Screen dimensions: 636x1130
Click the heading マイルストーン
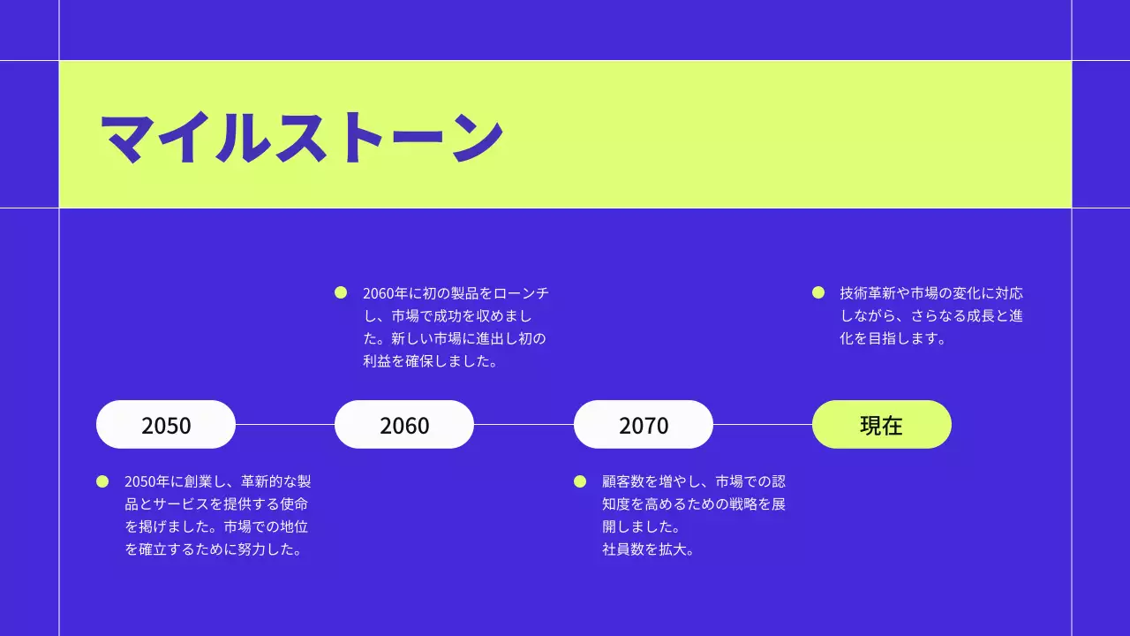click(x=301, y=137)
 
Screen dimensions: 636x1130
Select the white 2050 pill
click(x=166, y=425)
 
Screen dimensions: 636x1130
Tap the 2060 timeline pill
click(x=404, y=425)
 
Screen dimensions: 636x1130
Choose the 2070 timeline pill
click(x=644, y=425)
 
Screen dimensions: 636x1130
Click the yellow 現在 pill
click(x=881, y=425)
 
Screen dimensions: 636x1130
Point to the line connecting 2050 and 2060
click(x=285, y=425)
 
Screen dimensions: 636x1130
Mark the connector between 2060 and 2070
click(x=524, y=425)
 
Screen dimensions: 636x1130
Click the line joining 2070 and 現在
click(x=763, y=425)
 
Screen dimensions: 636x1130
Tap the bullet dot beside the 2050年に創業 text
click(x=102, y=481)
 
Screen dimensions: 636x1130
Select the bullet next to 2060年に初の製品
click(x=341, y=292)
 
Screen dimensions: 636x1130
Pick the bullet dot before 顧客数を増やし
click(x=580, y=481)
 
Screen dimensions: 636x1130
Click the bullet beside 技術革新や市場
click(x=818, y=292)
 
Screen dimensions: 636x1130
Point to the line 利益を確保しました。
click(x=431, y=361)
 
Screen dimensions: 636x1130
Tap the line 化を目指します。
click(x=893, y=338)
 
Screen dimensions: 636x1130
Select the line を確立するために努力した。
click(x=214, y=549)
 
